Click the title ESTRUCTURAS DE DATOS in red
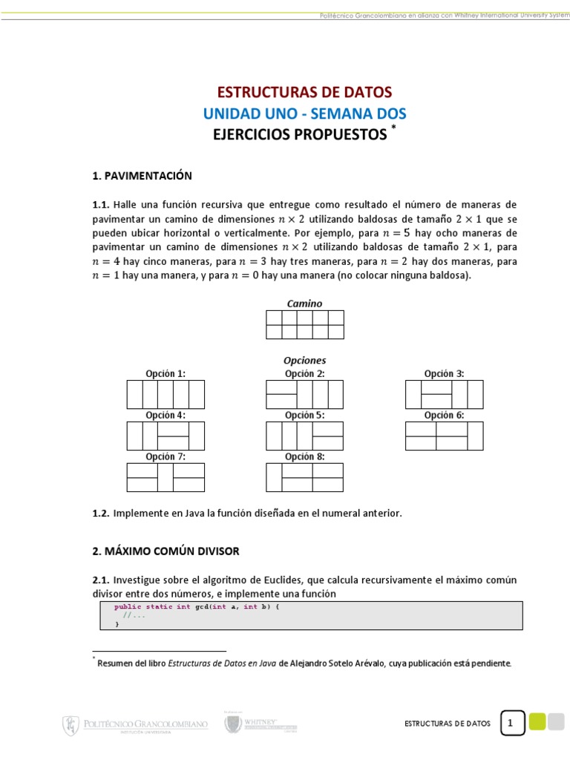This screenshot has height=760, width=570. tap(304, 93)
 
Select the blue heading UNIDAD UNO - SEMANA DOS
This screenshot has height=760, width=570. tap(304, 114)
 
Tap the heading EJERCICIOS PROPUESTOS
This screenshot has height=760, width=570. tap(301, 134)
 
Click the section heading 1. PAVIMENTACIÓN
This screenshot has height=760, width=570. tap(142, 176)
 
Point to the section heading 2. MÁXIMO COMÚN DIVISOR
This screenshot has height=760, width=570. tap(166, 551)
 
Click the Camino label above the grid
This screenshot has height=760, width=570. tap(304, 304)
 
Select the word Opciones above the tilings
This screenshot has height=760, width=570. tap(304, 361)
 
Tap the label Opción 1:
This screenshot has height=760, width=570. tap(166, 374)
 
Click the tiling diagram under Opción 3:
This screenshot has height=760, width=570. tap(444, 394)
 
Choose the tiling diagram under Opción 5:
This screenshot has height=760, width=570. tap(304, 436)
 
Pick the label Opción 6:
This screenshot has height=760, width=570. tap(444, 416)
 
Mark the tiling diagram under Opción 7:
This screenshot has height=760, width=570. tap(166, 477)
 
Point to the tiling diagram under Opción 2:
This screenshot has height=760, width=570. tap(304, 394)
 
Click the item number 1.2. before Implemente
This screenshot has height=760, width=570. tap(101, 514)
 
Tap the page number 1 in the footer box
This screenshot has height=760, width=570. tap(512, 723)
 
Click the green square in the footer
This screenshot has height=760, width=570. tap(537, 721)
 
